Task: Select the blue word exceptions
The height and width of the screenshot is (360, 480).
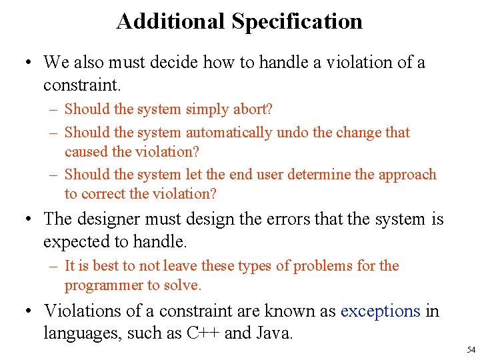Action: tap(380, 311)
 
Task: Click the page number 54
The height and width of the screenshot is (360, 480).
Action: tap(471, 349)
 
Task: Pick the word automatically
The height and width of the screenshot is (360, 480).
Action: tap(229, 133)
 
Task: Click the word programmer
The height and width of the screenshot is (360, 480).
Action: tap(98, 285)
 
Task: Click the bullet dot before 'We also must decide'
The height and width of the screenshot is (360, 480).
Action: tap(27, 63)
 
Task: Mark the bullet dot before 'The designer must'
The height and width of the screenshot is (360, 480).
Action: tap(27, 219)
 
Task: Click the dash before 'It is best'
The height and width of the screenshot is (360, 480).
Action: tap(53, 266)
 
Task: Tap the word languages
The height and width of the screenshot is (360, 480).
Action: tap(76, 333)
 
